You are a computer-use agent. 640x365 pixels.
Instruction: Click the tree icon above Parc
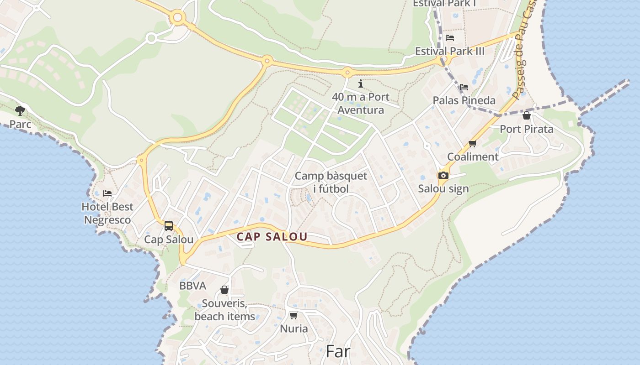[x=20, y=110]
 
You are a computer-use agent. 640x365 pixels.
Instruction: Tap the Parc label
[x=21, y=124]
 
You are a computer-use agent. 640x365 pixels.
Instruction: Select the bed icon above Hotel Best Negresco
[x=107, y=193]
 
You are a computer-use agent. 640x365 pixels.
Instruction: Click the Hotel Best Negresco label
[x=107, y=213]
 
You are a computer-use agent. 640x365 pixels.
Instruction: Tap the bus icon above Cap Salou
[x=169, y=225]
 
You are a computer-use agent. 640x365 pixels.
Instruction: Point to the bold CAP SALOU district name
[x=272, y=237]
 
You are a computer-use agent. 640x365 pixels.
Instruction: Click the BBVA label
[x=192, y=286]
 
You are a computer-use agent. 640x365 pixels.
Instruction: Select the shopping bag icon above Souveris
[x=224, y=290]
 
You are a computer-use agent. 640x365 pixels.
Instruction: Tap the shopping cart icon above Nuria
[x=294, y=315]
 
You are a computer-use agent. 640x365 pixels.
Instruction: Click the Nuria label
[x=294, y=328]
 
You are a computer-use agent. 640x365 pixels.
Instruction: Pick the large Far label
[x=338, y=351]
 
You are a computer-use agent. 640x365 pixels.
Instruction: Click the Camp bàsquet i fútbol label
[x=331, y=182]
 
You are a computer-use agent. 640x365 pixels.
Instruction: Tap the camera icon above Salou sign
[x=443, y=175]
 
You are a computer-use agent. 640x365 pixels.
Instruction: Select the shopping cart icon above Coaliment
[x=473, y=144]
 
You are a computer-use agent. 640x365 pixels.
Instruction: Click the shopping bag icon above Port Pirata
[x=527, y=115]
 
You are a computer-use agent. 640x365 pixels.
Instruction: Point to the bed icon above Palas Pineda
[x=464, y=87]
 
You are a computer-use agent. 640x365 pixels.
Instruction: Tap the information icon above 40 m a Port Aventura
[x=361, y=83]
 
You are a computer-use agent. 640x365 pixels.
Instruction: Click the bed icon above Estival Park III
[x=450, y=38]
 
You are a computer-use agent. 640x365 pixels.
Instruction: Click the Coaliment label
[x=473, y=157]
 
